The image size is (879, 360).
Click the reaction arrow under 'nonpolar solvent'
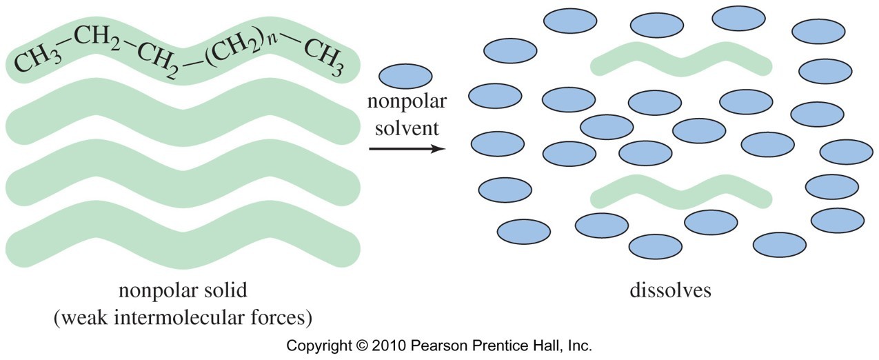[x=407, y=149]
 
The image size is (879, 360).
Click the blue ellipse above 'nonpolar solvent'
[x=405, y=77]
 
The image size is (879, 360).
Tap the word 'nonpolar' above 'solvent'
[x=407, y=101]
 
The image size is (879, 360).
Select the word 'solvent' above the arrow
[x=407, y=128]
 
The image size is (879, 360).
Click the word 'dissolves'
[x=670, y=290]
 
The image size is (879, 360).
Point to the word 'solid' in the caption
[x=225, y=290]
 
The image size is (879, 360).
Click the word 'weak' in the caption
[x=84, y=317]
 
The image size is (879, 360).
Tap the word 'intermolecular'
[x=178, y=317]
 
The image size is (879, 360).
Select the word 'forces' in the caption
[x=276, y=317]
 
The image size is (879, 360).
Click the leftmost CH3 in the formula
[x=38, y=61]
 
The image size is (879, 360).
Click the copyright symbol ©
[x=361, y=346]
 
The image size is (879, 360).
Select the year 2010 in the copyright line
[x=389, y=346]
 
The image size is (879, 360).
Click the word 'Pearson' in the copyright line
[x=439, y=346]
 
